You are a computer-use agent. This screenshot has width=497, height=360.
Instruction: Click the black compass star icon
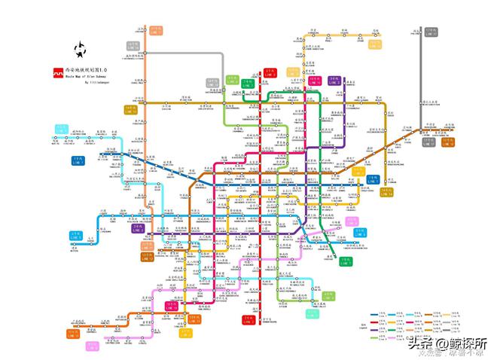click(80, 50)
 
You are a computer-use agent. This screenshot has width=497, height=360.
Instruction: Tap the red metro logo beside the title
click(57, 73)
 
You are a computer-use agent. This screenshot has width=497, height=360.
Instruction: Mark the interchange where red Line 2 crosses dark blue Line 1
click(263, 185)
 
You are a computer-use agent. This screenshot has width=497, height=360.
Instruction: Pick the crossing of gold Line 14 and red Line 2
click(263, 101)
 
